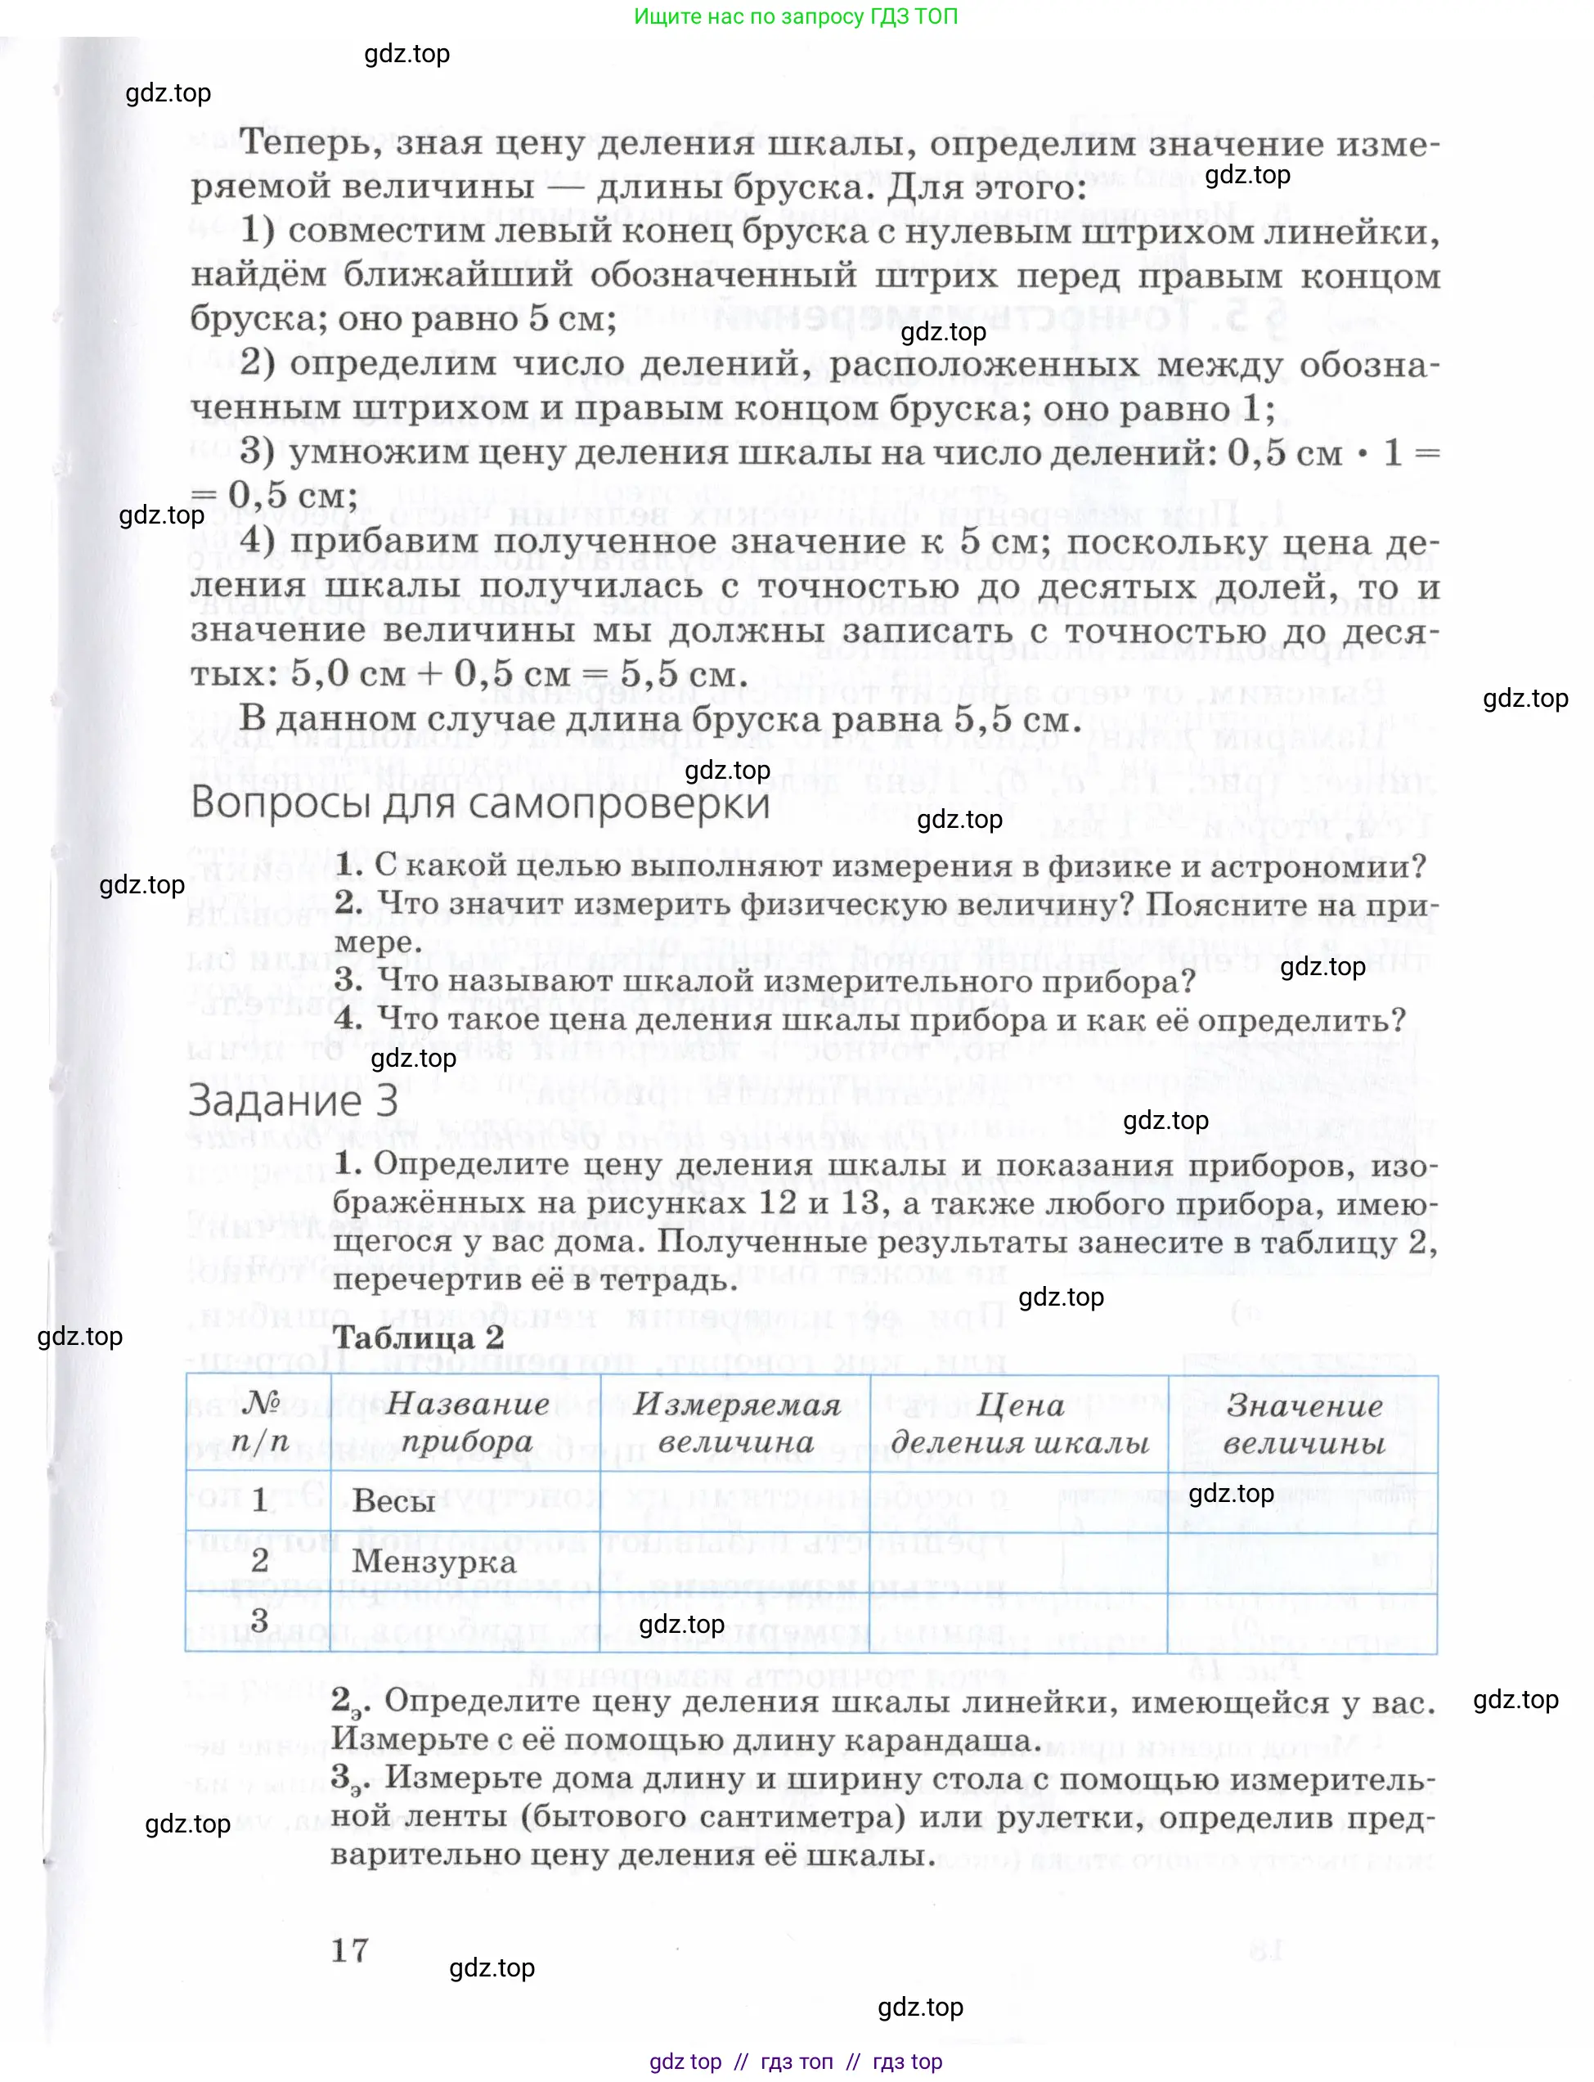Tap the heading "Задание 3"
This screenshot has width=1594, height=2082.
pos(292,1102)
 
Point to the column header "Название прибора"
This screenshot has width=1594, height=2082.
pos(466,1423)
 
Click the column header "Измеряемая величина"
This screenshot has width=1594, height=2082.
pos(735,1423)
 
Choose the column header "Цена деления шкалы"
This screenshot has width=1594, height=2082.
pos(1019,1423)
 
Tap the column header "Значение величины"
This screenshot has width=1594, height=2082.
pos(1304,1423)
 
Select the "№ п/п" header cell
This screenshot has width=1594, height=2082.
pos(259,1422)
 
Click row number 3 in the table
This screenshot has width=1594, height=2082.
pos(259,1621)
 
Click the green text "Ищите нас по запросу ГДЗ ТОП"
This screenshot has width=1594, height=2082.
pos(795,16)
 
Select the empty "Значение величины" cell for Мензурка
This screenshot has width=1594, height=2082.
pos(1302,1562)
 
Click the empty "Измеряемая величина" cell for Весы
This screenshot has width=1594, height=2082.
pos(735,1501)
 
